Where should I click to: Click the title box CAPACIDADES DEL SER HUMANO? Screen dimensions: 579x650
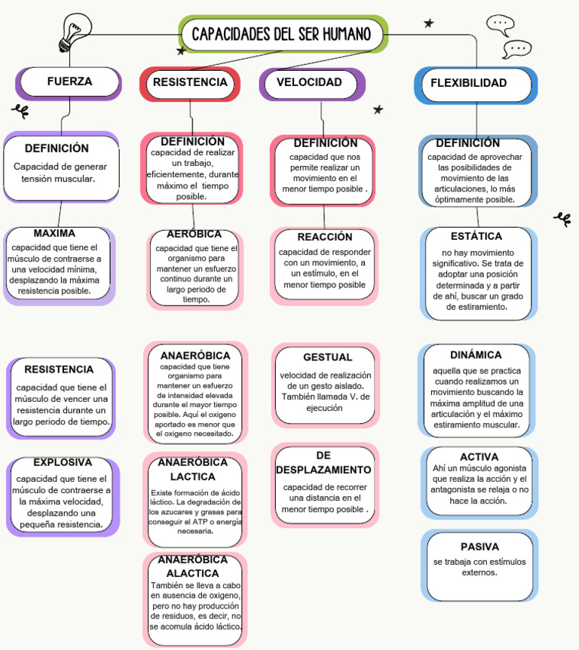283,35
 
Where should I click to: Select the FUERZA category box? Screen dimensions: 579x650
69,82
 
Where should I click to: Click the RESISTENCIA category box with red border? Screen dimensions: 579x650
190,82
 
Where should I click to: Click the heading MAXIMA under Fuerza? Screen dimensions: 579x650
54,234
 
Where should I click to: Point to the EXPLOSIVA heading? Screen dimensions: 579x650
63,462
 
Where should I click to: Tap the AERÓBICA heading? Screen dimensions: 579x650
195,235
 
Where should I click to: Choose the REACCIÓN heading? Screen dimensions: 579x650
325,237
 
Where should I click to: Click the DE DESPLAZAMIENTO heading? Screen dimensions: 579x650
323,463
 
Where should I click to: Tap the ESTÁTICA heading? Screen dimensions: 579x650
476,237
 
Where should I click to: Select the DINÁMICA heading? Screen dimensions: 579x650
476,355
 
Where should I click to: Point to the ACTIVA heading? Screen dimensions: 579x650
479,457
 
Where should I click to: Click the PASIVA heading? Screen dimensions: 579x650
480,547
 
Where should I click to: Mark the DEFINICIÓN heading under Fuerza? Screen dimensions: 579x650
57,149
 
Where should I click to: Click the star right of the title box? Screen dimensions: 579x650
429,23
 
